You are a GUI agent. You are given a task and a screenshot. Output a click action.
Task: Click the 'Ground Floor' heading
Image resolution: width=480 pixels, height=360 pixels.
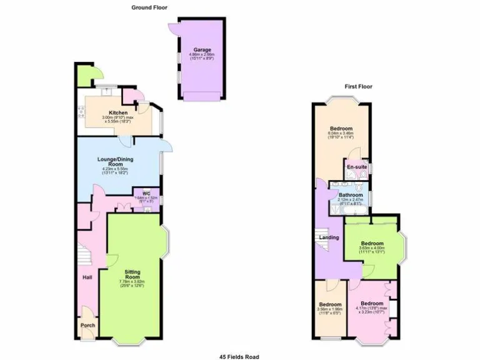tap(149, 7)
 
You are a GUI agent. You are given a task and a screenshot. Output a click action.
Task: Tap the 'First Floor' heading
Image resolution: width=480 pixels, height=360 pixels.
tap(358, 87)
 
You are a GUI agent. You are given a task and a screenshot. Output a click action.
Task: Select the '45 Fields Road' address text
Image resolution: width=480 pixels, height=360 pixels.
tap(239, 356)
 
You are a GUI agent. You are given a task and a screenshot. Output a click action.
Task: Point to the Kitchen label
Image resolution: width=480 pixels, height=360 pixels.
tap(118, 113)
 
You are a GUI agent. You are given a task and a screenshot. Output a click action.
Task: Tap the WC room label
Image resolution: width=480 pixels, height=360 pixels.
tap(147, 193)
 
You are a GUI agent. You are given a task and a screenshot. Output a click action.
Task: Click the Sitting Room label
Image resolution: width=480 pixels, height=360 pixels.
tap(132, 275)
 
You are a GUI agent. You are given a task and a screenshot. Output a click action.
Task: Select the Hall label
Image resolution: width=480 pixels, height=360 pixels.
tap(87, 277)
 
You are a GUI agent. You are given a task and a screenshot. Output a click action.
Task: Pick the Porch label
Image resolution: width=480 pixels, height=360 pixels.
tap(87, 325)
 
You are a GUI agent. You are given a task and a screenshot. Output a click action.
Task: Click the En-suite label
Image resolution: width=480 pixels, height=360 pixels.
tap(357, 167)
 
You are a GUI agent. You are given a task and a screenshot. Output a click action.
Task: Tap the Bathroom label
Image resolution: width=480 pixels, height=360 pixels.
tap(350, 195)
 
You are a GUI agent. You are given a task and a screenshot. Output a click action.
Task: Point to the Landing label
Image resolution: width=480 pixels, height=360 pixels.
tap(329, 237)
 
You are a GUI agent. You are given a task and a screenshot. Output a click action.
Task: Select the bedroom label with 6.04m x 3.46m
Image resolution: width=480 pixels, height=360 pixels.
tap(341, 129)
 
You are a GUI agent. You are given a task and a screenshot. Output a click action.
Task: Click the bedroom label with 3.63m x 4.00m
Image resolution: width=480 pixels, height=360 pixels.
tap(371, 243)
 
